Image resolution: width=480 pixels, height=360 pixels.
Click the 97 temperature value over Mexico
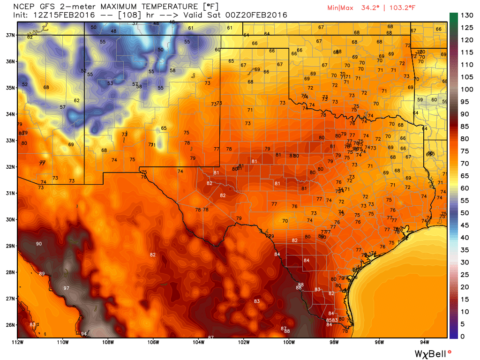pos(66,288)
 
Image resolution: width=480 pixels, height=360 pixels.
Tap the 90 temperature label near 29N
pos(39,244)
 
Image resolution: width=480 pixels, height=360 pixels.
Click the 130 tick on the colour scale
pos(467,15)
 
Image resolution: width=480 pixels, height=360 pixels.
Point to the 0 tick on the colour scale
pos(463,336)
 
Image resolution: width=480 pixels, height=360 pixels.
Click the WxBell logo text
pos(431,352)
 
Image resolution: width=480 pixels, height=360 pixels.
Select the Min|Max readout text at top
pos(363,8)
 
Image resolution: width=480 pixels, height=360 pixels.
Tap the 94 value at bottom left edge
pos(83,334)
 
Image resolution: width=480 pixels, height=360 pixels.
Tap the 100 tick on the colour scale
pos(467,90)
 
